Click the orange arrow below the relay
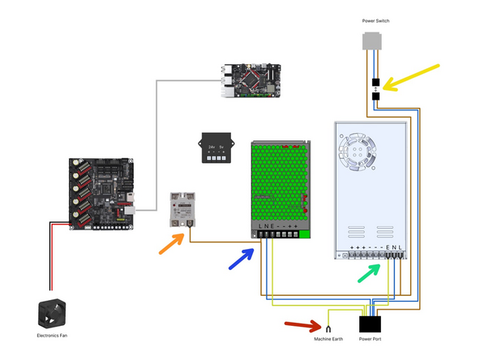click(x=169, y=244)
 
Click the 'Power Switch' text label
click(x=375, y=21)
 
